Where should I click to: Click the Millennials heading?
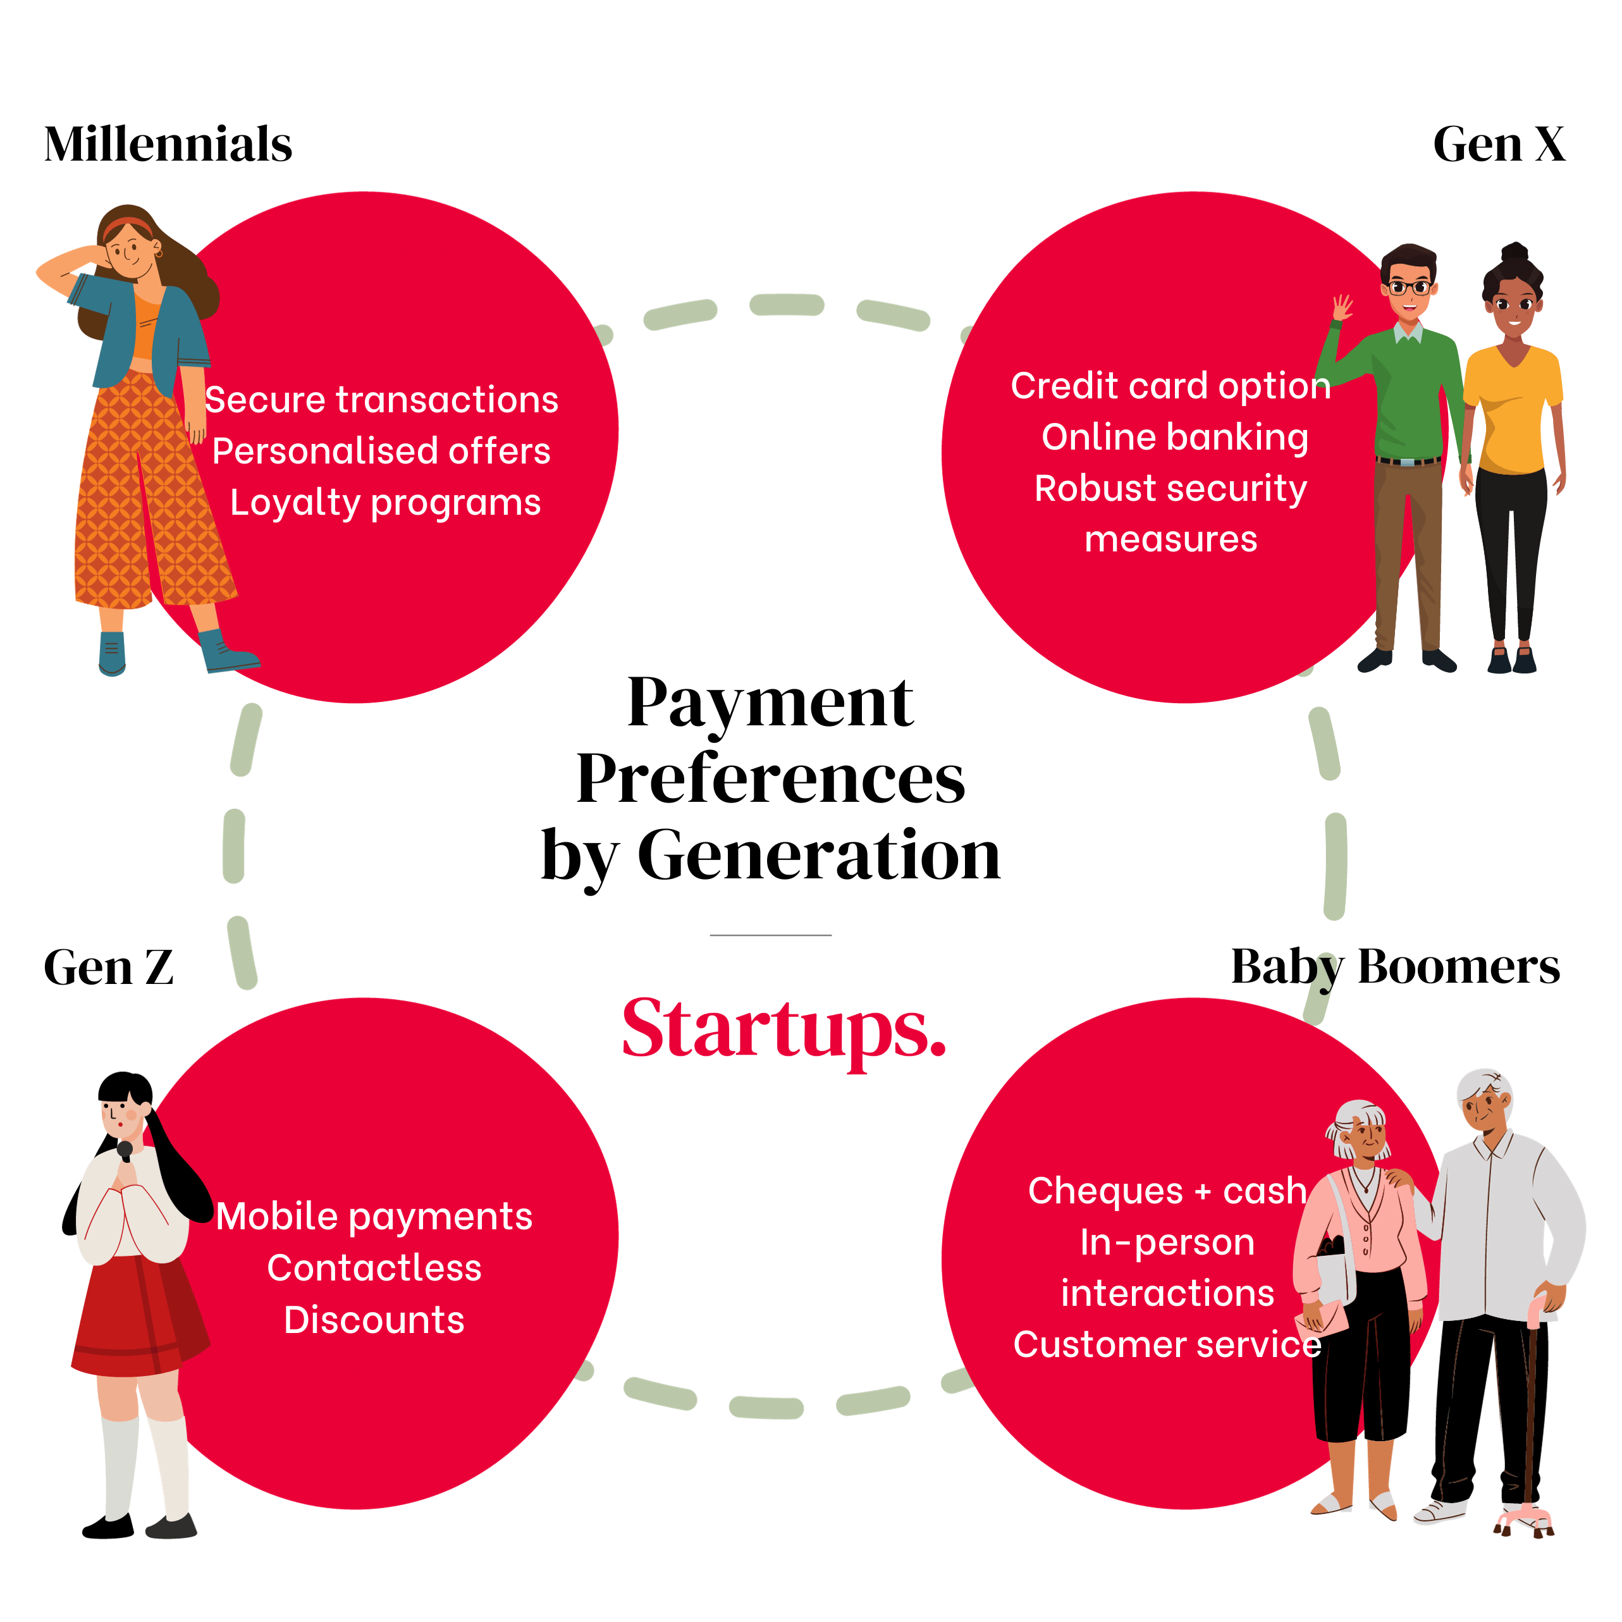click(x=168, y=144)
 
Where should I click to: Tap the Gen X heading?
click(x=1499, y=144)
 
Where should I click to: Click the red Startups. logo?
click(x=783, y=1031)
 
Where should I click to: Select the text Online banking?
click(x=1174, y=438)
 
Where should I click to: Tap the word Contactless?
click(x=374, y=1268)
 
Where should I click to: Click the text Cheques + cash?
click(x=1167, y=1191)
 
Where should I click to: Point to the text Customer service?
click(x=1167, y=1344)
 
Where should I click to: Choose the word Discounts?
click(x=374, y=1320)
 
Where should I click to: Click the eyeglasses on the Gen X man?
click(x=1409, y=288)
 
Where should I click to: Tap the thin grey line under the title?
click(x=771, y=935)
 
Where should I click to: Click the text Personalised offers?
click(x=381, y=452)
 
